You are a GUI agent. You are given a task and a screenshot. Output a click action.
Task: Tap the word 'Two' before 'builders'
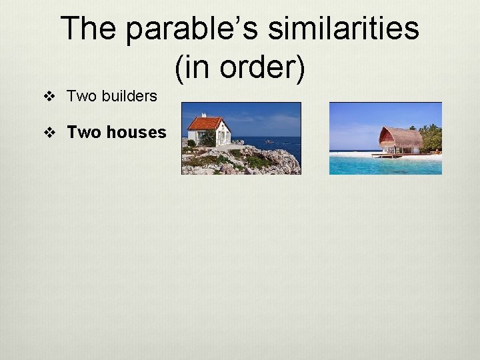tap(82, 96)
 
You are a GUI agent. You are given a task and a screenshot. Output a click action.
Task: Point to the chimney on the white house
tap(204, 115)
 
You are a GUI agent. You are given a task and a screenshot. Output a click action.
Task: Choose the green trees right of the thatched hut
tap(431, 138)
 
